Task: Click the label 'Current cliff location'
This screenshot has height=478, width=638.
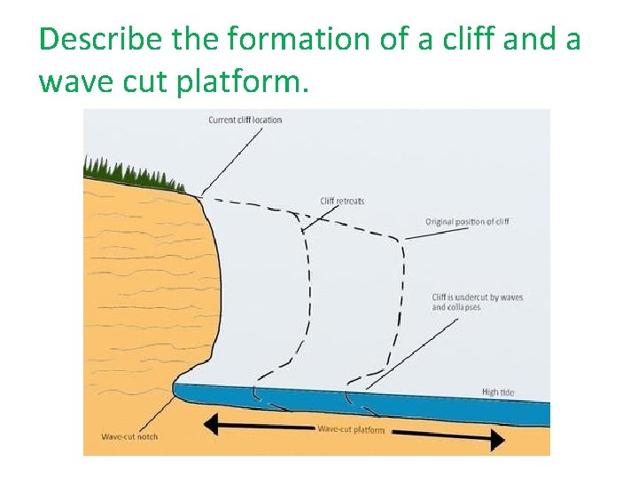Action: pos(245,119)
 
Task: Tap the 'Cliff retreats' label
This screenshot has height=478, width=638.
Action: pos(342,201)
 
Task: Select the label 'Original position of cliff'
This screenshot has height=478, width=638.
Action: pos(467,221)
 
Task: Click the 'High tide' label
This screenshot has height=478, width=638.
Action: pos(497,391)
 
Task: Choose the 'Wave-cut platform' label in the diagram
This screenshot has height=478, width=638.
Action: pos(351,429)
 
